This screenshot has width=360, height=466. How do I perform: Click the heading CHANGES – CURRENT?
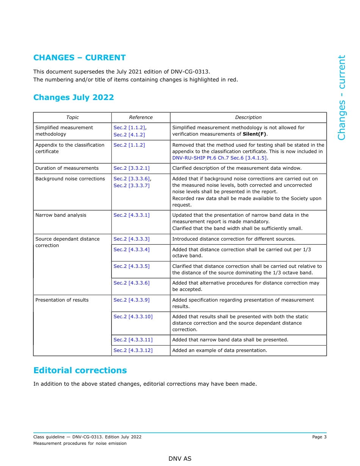click(80, 58)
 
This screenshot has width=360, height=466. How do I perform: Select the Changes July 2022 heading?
click(74, 97)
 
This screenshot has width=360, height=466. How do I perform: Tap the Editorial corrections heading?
click(80, 370)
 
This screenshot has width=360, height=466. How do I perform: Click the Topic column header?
click(72, 117)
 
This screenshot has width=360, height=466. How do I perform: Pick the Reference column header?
click(141, 117)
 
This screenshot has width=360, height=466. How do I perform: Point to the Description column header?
click(248, 117)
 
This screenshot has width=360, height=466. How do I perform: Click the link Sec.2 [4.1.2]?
click(129, 134)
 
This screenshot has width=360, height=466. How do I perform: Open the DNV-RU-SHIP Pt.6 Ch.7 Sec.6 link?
click(220, 158)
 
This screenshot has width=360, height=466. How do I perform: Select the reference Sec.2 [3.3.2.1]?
click(131, 168)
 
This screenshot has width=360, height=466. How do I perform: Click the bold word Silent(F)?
click(254, 134)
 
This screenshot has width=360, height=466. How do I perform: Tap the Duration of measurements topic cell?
click(67, 168)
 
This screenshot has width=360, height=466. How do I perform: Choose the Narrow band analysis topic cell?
click(61, 215)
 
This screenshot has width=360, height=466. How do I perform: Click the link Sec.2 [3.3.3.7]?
click(131, 185)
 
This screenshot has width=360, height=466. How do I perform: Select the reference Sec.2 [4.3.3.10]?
click(133, 317)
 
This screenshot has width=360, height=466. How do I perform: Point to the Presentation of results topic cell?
click(62, 300)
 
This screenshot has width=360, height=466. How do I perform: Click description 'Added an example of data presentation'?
click(219, 350)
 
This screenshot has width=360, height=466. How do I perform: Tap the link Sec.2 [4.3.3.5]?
click(131, 266)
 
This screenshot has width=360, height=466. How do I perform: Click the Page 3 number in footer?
click(319, 437)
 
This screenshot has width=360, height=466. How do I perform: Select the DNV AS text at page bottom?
click(180, 459)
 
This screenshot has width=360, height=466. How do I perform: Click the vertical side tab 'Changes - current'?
click(342, 98)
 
